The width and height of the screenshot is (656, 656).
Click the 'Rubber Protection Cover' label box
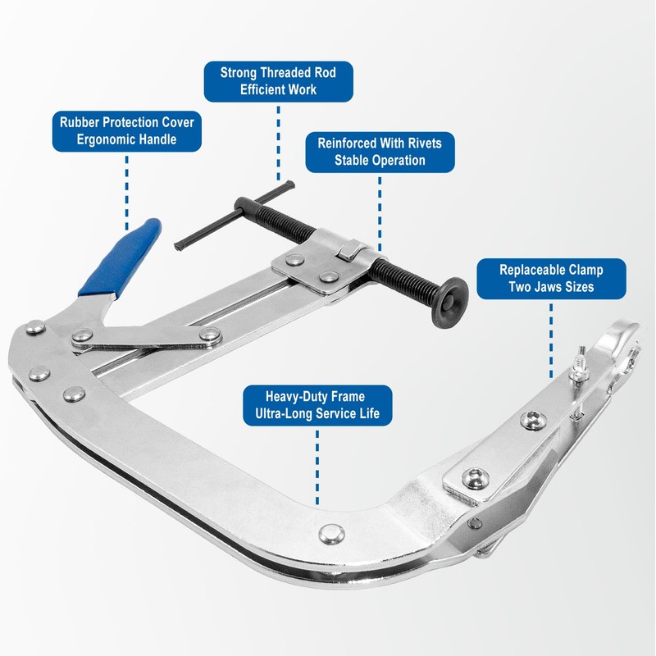pos(127,131)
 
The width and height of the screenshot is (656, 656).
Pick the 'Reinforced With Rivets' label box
pos(380,152)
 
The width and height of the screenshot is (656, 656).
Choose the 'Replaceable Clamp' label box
pos(551,279)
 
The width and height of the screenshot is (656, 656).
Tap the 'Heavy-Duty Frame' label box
pos(317,406)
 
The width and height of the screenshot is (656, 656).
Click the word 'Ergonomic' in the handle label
pos(102,140)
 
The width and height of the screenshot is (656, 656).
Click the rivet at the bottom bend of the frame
pos(330,533)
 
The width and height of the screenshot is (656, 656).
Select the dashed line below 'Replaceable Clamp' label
pos(551,336)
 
